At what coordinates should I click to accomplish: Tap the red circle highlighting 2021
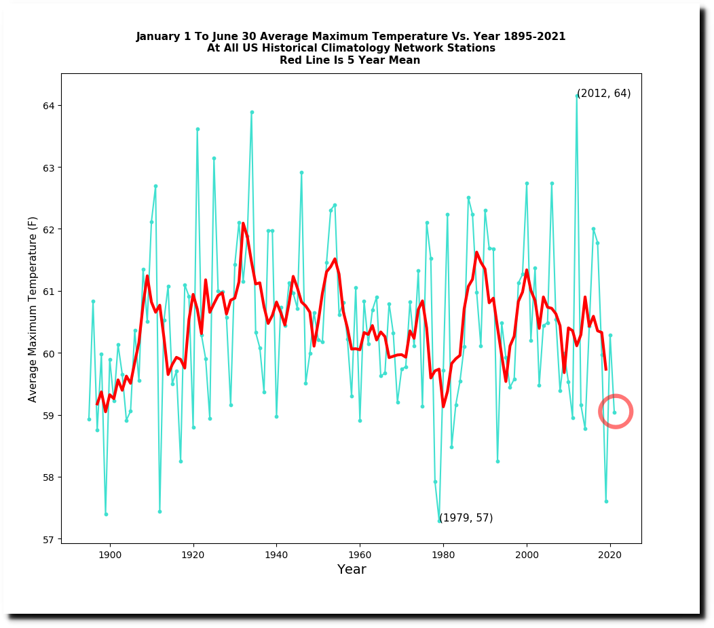point(616,411)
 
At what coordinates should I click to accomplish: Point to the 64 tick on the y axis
point(60,105)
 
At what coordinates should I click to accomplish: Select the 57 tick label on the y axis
point(50,540)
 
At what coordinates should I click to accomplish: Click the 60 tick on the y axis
point(60,353)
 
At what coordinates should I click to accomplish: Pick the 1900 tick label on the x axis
point(110,554)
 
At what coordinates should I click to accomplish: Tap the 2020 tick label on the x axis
point(610,554)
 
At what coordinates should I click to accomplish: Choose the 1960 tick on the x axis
point(360,544)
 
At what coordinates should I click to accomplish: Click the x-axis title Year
point(352,570)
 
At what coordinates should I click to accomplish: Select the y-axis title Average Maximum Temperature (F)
point(33,309)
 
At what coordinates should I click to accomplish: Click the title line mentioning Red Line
point(350,60)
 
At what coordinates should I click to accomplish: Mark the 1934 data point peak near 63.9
point(252,112)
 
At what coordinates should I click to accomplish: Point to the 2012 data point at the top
point(577,96)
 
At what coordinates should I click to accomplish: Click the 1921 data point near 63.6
point(198,129)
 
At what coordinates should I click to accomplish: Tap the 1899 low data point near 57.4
point(106,514)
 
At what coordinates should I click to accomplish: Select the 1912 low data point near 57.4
point(159,511)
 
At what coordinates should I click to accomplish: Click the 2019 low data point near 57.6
point(606,501)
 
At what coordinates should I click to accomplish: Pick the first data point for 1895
point(89,419)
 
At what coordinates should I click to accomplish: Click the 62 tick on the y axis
point(60,229)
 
